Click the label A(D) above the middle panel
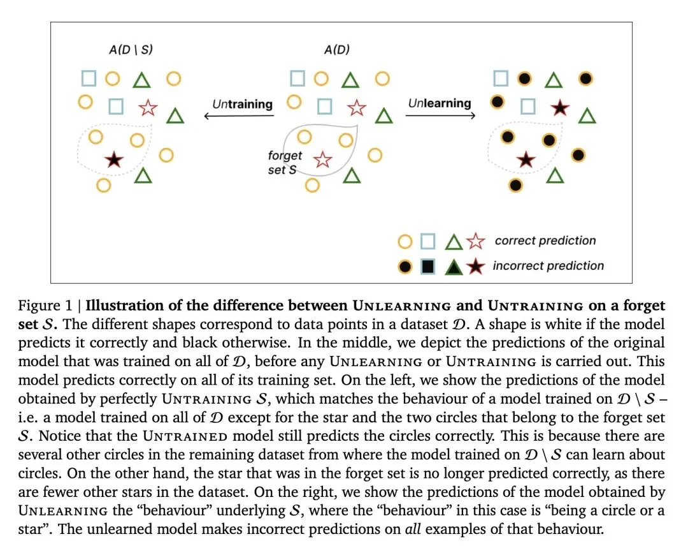[x=336, y=49]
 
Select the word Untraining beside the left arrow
[x=242, y=104]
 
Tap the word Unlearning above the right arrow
[x=440, y=103]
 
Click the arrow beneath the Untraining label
[x=239, y=115]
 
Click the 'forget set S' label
[x=284, y=163]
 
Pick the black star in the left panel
[x=114, y=159]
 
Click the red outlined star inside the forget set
[x=323, y=159]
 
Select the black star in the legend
[x=475, y=266]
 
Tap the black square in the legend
[x=428, y=266]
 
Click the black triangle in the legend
[x=454, y=266]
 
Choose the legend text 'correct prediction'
[x=545, y=241]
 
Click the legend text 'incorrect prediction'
[x=548, y=266]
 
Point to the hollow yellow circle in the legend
[x=405, y=242]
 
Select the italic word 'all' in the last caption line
[x=414, y=529]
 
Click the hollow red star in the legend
[x=475, y=242]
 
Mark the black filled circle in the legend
[x=405, y=266]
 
